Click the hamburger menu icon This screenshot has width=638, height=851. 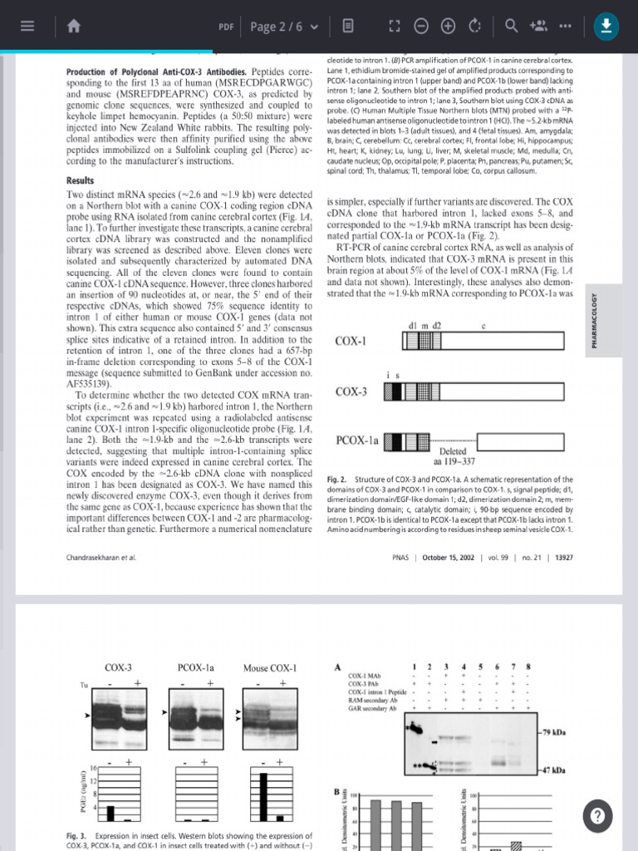[27, 26]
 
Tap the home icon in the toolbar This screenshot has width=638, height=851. [74, 26]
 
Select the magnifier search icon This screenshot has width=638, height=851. [512, 26]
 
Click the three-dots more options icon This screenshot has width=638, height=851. [567, 26]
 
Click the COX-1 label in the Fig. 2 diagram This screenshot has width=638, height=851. [351, 342]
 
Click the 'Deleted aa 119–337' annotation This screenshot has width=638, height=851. [454, 456]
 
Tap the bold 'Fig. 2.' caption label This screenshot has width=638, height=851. [337, 480]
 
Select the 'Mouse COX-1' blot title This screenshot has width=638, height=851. [269, 667]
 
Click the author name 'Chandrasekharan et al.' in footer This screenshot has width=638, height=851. [100, 557]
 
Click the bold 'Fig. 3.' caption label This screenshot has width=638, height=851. [76, 835]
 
